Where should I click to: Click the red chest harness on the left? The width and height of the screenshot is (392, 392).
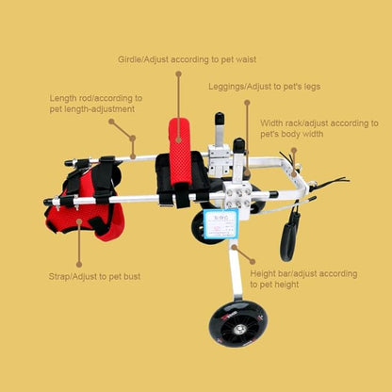pos(94,203)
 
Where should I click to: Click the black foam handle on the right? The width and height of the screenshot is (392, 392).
pos(287,236)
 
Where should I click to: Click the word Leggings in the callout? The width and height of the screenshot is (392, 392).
pos(227,87)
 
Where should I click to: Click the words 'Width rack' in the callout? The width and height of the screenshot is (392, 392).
pos(281,122)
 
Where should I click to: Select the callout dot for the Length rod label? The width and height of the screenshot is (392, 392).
pos(110,121)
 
